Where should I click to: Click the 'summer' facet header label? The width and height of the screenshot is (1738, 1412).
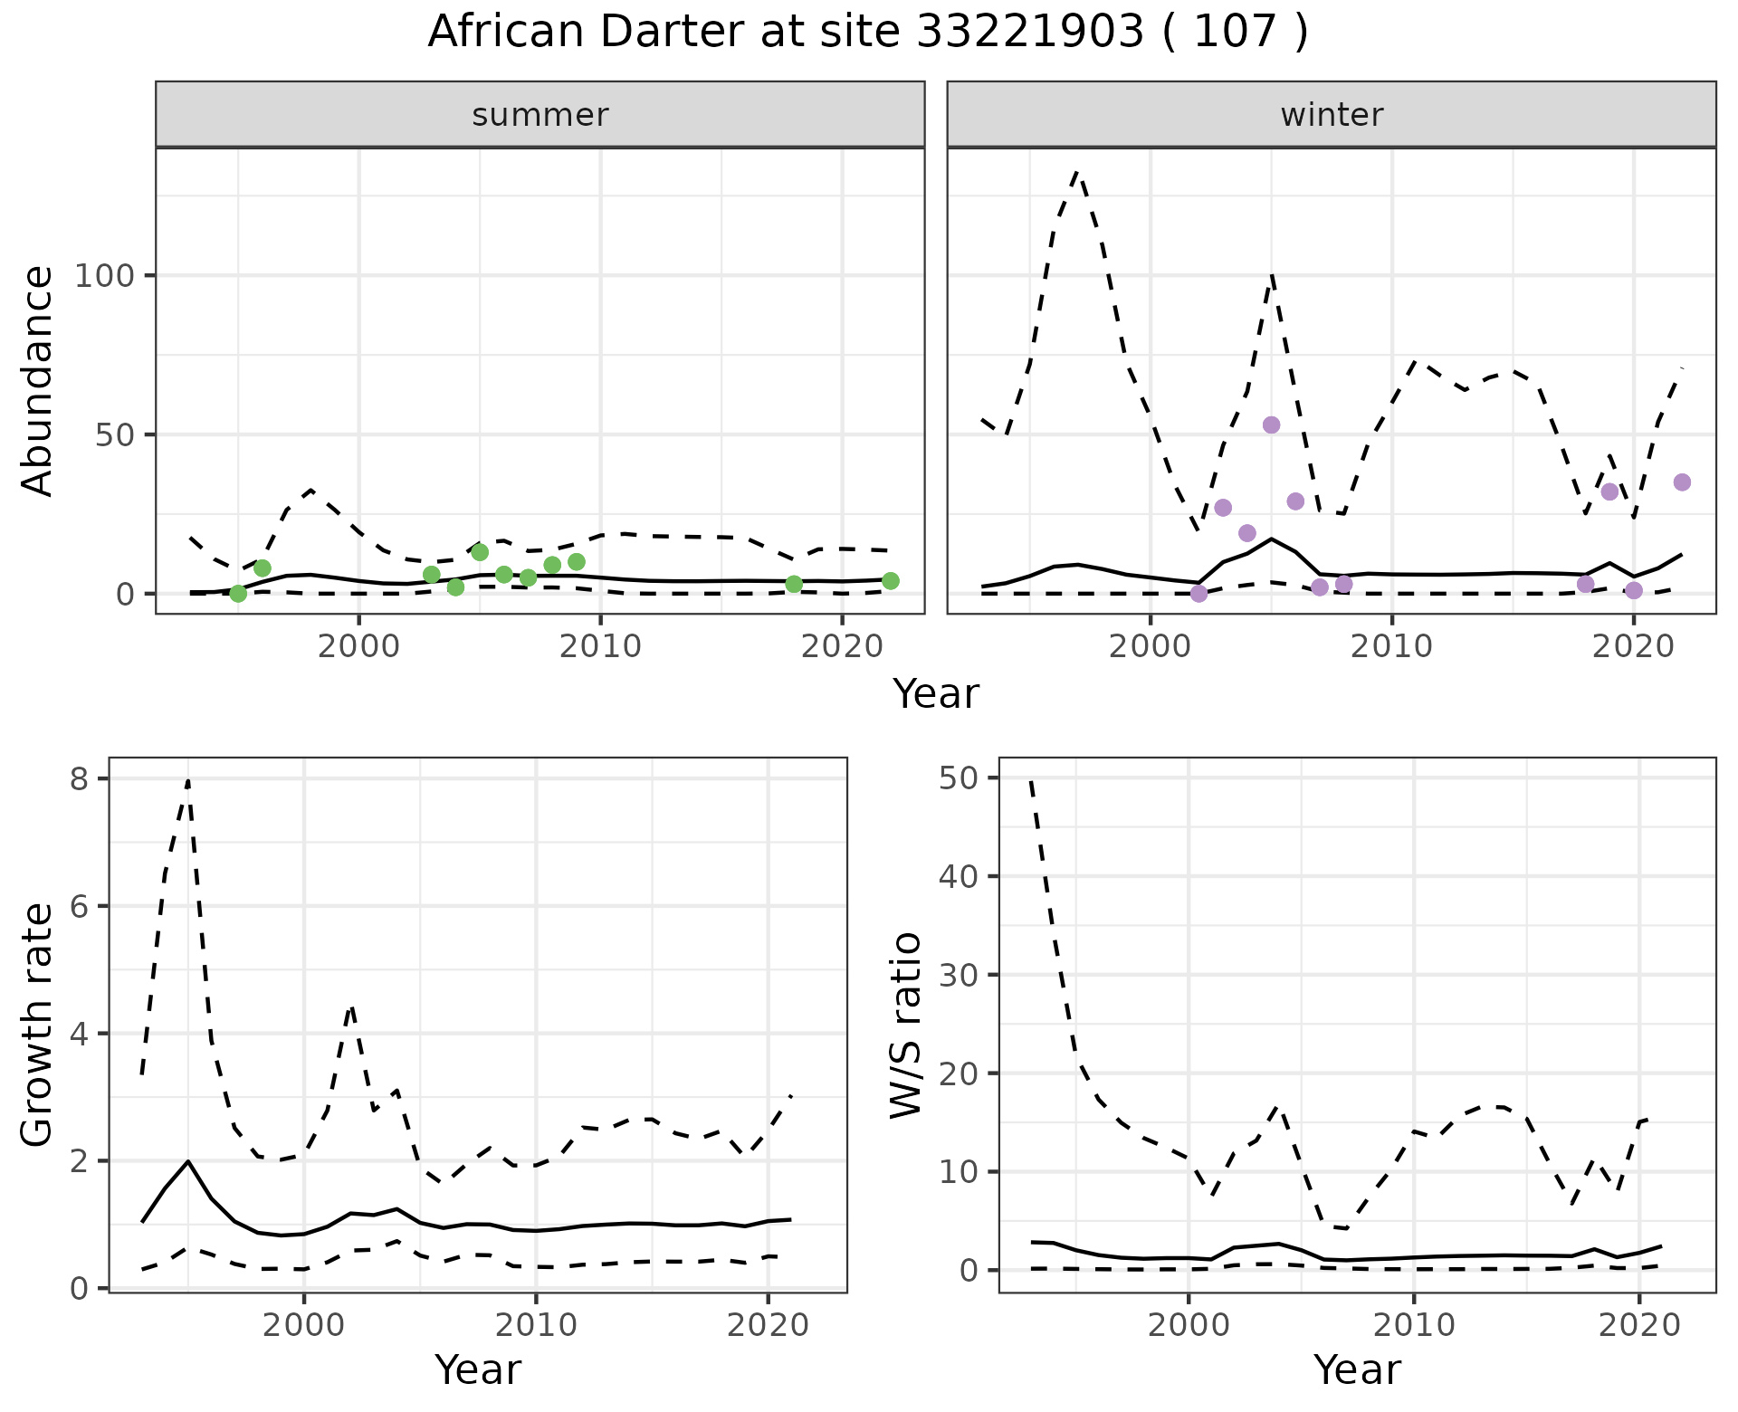click(540, 115)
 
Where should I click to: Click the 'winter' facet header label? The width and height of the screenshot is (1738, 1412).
click(1332, 115)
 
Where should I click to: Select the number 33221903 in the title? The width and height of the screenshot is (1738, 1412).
click(1030, 33)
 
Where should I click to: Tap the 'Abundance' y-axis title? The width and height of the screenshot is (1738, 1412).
click(38, 380)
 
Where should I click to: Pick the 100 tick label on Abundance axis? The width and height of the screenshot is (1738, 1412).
click(104, 275)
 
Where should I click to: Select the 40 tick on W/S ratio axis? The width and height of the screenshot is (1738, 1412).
click(959, 876)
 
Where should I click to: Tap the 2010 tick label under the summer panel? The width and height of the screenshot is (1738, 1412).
click(600, 646)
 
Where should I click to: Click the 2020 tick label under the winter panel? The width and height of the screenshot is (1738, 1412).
click(1634, 646)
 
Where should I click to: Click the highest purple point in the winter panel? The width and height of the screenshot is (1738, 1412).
click(1271, 425)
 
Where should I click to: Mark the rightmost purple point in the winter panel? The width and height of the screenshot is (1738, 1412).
click(1682, 482)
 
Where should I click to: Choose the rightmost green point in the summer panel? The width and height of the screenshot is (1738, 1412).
click(891, 581)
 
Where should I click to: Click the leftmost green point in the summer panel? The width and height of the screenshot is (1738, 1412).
click(238, 594)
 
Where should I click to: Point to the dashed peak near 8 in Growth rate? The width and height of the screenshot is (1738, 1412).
click(187, 780)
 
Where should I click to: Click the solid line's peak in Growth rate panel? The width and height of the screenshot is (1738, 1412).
click(187, 1161)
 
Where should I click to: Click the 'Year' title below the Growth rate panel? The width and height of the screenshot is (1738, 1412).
click(478, 1369)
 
